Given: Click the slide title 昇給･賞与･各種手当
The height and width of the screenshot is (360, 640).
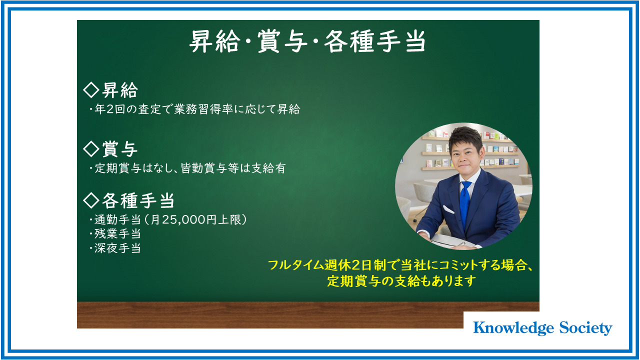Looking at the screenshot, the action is pos(307,41).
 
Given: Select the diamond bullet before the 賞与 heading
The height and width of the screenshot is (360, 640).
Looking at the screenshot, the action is pos(91,149).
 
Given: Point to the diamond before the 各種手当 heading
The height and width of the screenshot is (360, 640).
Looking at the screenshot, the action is pos(91,200).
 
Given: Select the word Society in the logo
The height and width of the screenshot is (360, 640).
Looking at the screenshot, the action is pos(585,328).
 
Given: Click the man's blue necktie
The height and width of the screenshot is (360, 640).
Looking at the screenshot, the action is pos(465,203).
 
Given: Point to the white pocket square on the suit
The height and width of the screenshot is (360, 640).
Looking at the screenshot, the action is pos(448,209).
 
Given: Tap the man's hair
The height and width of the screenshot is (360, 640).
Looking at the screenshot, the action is pos(465,137).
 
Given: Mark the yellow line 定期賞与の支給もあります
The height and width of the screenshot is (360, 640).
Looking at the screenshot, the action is pos(401,281).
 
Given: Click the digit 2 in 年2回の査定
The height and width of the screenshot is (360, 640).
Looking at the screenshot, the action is pos(110,109).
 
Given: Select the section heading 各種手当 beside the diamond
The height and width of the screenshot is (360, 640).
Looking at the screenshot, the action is pos(138,200).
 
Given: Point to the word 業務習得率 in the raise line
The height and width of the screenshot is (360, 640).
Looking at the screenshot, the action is pos(203,109).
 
